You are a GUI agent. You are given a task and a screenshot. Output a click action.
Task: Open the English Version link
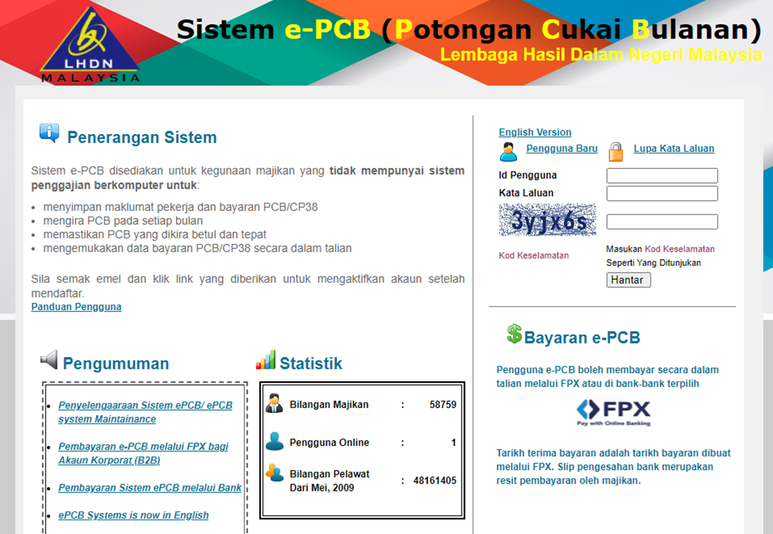point(535,132)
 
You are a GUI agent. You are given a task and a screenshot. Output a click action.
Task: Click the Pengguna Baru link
point(561,148)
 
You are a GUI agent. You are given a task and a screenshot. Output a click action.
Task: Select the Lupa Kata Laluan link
point(674,148)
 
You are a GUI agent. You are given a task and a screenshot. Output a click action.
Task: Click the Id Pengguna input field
point(662,176)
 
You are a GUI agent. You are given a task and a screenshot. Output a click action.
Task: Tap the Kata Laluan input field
point(662,193)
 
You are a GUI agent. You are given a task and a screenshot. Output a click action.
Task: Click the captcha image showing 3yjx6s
point(547,220)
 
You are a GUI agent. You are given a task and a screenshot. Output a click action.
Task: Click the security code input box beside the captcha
point(662,221)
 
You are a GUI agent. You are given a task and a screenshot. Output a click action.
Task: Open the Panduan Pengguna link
point(76,307)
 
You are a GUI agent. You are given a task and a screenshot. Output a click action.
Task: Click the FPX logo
point(613,412)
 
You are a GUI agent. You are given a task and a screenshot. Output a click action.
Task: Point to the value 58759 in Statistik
point(443,405)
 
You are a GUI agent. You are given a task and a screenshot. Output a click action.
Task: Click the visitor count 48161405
point(435,480)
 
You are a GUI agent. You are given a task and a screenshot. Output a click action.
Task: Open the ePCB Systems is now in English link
point(133,515)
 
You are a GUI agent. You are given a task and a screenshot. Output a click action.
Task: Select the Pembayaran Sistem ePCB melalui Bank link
point(150,488)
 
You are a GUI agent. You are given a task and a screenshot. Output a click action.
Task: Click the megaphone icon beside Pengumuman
point(49,360)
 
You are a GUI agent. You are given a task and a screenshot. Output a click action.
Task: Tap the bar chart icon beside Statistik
point(266,360)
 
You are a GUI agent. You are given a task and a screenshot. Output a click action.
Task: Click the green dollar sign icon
point(514,333)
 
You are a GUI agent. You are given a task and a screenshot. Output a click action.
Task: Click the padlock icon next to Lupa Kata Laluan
point(616,152)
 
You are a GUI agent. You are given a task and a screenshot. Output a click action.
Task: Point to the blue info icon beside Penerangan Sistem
point(49,133)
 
